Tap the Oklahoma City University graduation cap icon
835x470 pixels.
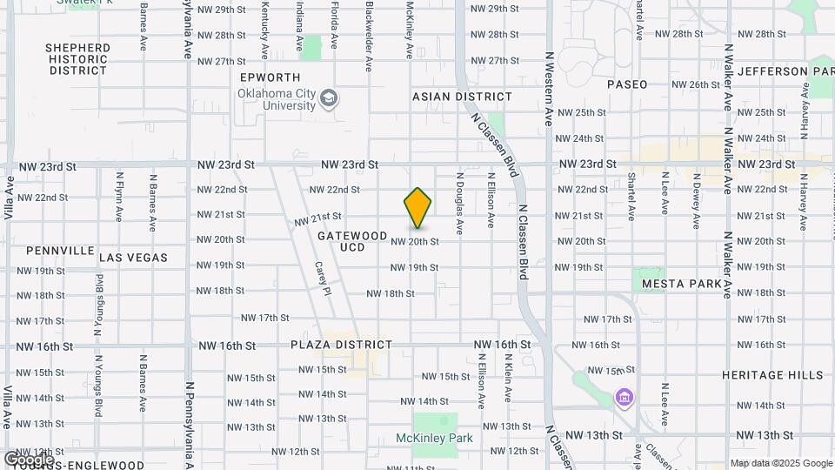click(x=329, y=97)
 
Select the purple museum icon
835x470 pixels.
click(x=624, y=398)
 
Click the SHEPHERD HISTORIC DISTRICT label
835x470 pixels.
click(x=78, y=59)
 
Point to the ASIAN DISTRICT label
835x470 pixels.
click(x=462, y=97)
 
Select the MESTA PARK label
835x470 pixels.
click(x=682, y=284)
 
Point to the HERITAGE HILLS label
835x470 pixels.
click(x=772, y=375)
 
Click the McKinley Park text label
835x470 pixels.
click(x=434, y=438)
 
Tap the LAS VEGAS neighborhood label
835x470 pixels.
click(x=134, y=258)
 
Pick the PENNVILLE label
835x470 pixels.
click(x=60, y=251)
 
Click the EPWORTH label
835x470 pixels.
click(x=270, y=77)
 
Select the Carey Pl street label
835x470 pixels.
click(x=322, y=279)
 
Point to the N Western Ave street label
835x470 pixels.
click(x=549, y=87)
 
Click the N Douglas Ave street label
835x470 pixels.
click(x=460, y=203)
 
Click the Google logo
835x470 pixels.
click(x=29, y=459)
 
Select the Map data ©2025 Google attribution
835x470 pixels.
click(x=780, y=463)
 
